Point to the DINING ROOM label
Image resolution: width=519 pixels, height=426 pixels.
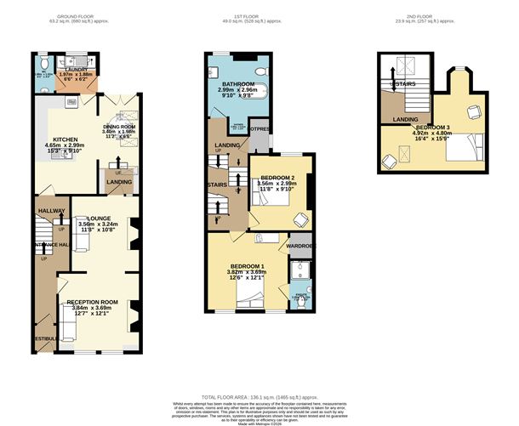[x=120, y=124]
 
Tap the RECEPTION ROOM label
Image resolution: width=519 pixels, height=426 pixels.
[x=91, y=302]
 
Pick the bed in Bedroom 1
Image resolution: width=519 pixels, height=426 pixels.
[x=251, y=295]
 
